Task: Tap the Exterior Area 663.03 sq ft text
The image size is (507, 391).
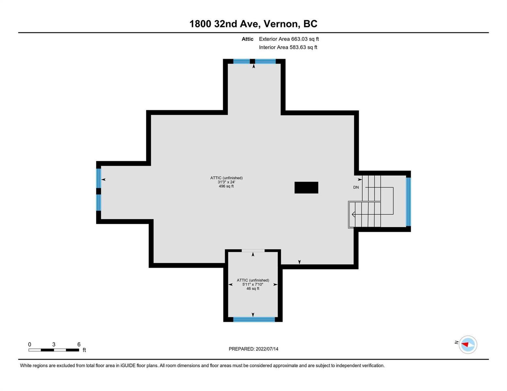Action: tap(289, 39)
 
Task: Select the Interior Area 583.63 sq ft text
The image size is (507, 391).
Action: tap(288, 47)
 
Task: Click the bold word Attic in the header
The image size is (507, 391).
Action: tap(247, 39)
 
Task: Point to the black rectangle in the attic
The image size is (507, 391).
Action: tap(306, 187)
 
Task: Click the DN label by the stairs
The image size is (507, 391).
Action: tap(356, 187)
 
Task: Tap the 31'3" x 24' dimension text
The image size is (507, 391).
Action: tap(226, 182)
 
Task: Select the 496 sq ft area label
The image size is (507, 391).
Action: tap(226, 186)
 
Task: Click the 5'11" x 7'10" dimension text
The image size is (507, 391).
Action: tap(253, 284)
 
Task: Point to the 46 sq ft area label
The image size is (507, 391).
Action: tap(253, 289)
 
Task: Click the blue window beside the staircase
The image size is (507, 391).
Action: tap(408, 202)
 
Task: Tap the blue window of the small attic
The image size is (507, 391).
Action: tap(254, 319)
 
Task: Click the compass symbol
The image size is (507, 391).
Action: tap(467, 345)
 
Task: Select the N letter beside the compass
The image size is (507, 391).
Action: tap(456, 342)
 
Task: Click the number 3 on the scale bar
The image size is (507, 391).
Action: tap(54, 344)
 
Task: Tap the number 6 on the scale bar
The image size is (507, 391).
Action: tap(79, 344)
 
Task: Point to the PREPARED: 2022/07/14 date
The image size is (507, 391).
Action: tap(253, 349)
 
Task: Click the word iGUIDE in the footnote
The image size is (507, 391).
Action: tap(128, 366)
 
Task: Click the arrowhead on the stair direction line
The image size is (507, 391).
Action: tap(353, 214)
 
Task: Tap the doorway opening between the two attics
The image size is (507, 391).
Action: tap(253, 251)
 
